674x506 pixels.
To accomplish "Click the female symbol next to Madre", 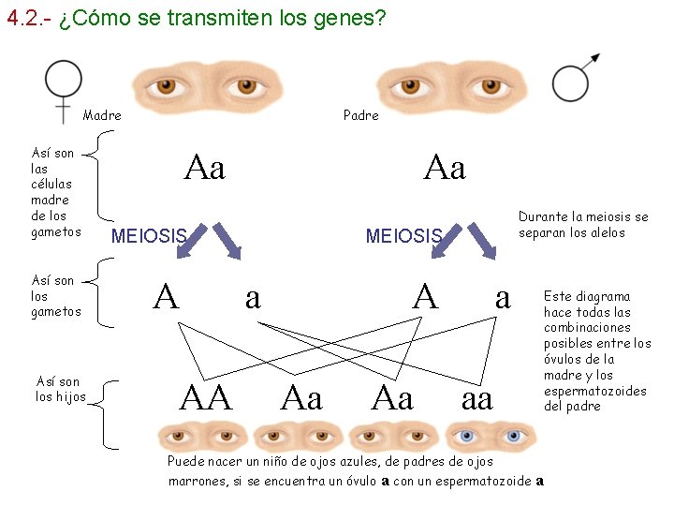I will point(64,86).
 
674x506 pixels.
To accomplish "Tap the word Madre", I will point(102,115).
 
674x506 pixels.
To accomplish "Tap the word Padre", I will point(361,115).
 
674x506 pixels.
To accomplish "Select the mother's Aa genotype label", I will point(205,169).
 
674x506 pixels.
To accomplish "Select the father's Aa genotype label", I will point(444,169).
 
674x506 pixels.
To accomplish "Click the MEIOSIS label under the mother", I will point(149,235).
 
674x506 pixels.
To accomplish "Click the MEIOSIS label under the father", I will point(403,235).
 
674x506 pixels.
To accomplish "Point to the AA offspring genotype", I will point(205,398).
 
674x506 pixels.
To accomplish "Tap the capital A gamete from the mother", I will point(166,297).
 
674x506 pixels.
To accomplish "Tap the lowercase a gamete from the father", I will point(503,297).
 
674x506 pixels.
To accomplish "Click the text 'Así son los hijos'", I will point(60,389).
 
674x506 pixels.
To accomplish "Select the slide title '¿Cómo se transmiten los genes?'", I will point(221,19).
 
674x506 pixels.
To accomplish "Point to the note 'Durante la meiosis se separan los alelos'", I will point(582,225).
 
